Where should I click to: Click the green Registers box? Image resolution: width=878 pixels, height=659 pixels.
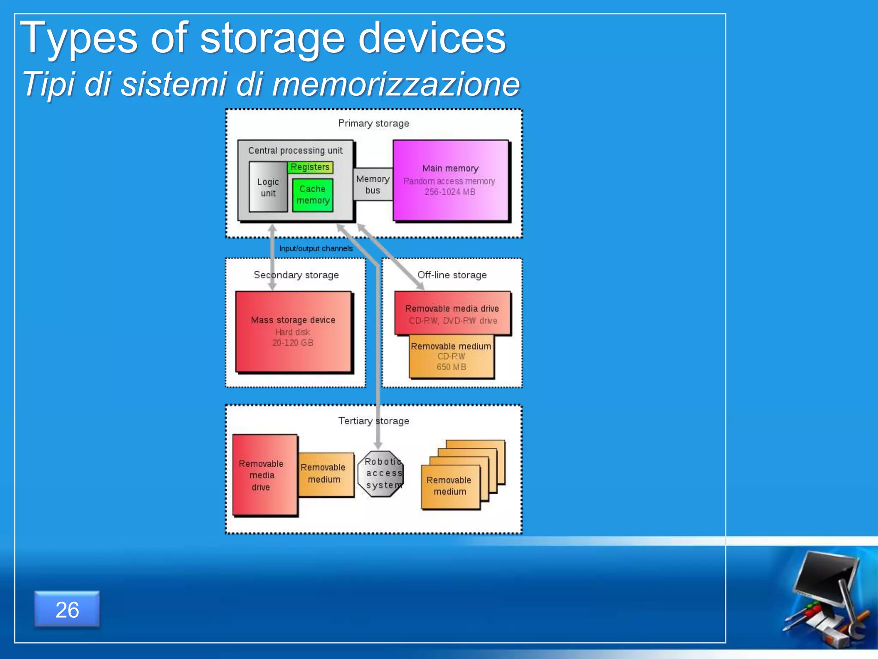click(310, 167)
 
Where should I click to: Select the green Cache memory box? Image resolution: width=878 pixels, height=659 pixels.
click(313, 195)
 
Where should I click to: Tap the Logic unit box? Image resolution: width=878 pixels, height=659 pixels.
click(268, 187)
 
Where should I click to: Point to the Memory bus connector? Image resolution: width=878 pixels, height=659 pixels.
click(373, 184)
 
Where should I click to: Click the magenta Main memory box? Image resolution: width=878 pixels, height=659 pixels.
click(450, 180)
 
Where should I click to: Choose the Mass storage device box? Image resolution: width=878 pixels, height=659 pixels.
click(293, 331)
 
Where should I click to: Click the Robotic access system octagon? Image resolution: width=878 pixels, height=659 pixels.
click(381, 473)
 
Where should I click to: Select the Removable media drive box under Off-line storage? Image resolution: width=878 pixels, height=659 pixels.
click(452, 314)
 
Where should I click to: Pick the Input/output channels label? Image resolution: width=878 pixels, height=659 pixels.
click(316, 248)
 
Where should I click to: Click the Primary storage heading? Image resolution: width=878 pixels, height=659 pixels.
click(373, 124)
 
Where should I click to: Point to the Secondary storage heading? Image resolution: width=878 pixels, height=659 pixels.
click(296, 275)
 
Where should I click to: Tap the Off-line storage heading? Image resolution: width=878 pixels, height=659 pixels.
click(452, 275)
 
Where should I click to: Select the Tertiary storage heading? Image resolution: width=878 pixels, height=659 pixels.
click(373, 421)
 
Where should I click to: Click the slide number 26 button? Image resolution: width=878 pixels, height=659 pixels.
click(67, 609)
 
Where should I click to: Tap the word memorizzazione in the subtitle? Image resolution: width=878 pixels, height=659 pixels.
click(395, 84)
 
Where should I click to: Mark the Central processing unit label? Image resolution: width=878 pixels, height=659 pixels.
click(295, 151)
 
